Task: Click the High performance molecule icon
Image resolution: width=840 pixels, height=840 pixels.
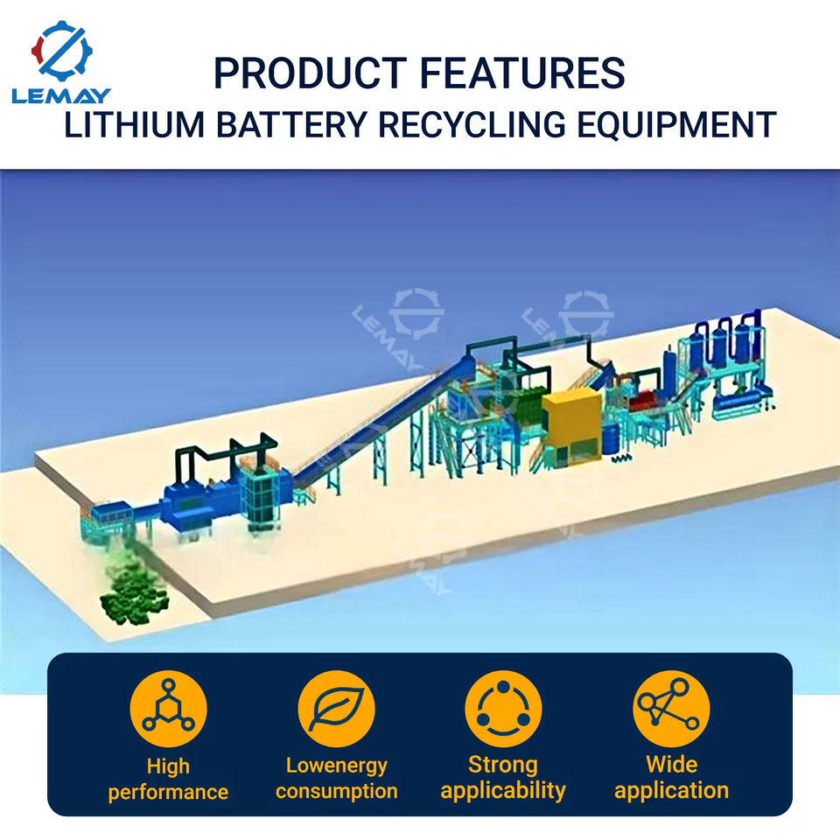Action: (x=168, y=709)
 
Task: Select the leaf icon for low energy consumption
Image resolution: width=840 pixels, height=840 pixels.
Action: (x=336, y=709)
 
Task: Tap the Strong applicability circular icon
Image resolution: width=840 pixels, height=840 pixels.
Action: (x=503, y=709)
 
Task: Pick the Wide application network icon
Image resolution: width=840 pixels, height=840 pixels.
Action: (x=671, y=709)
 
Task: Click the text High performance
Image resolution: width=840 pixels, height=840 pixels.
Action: (x=168, y=780)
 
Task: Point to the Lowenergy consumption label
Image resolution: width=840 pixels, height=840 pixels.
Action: (x=336, y=779)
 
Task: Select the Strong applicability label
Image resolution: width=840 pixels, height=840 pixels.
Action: (x=503, y=778)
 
